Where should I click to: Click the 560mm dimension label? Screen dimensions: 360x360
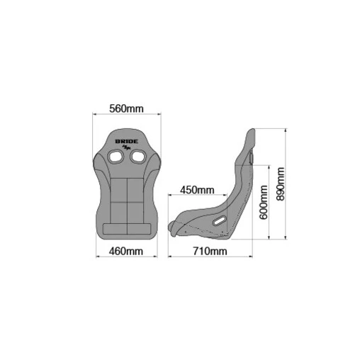pyautogui.click(x=126, y=108)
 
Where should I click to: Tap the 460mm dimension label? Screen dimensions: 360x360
pyautogui.click(x=126, y=251)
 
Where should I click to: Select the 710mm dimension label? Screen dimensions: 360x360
pyautogui.click(x=210, y=251)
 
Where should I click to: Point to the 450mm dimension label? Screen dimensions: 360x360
pyautogui.click(x=197, y=190)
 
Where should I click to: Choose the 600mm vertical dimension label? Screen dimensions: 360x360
pyautogui.click(x=264, y=203)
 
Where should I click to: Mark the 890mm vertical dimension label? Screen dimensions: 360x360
pyautogui.click(x=281, y=184)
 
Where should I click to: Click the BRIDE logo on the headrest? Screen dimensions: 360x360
pyautogui.click(x=127, y=142)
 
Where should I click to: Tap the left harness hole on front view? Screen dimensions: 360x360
pyautogui.click(x=116, y=157)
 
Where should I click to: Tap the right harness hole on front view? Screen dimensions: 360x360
pyautogui.click(x=138, y=157)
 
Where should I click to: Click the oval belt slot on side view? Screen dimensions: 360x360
pyautogui.click(x=220, y=220)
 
